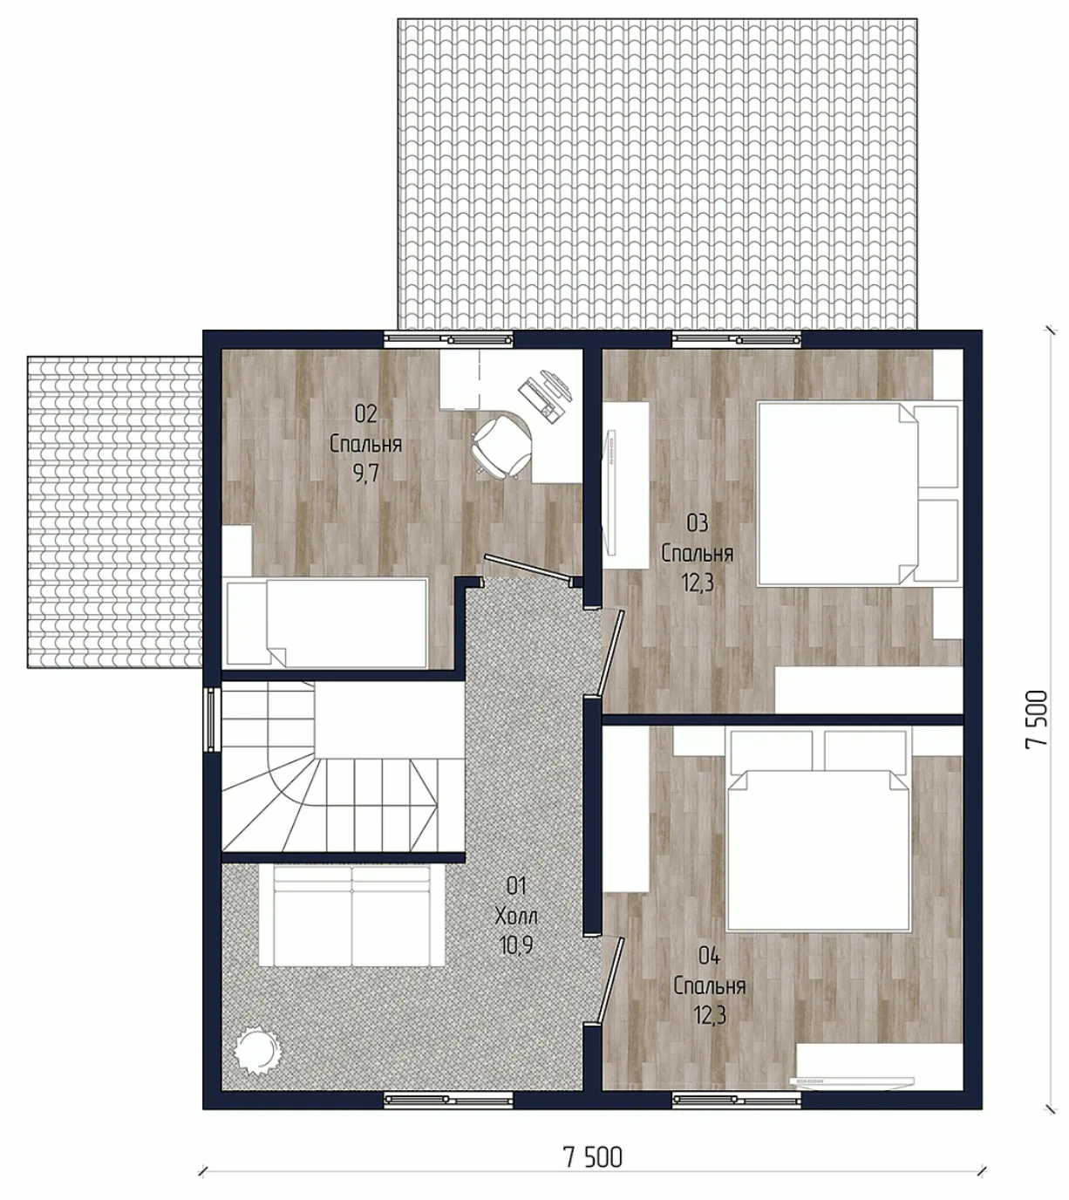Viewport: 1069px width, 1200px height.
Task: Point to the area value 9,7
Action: click(365, 474)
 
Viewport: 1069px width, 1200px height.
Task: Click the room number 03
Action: click(698, 523)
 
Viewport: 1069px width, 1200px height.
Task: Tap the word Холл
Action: click(516, 917)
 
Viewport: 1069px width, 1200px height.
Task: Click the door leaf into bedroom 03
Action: click(609, 652)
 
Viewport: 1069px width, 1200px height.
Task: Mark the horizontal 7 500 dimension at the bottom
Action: click(593, 1154)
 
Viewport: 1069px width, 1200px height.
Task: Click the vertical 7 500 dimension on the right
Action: click(1037, 719)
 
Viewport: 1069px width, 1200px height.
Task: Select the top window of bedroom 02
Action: click(448, 339)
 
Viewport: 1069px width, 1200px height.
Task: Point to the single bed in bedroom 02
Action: click(327, 623)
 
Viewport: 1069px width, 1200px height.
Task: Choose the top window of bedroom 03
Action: click(737, 339)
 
